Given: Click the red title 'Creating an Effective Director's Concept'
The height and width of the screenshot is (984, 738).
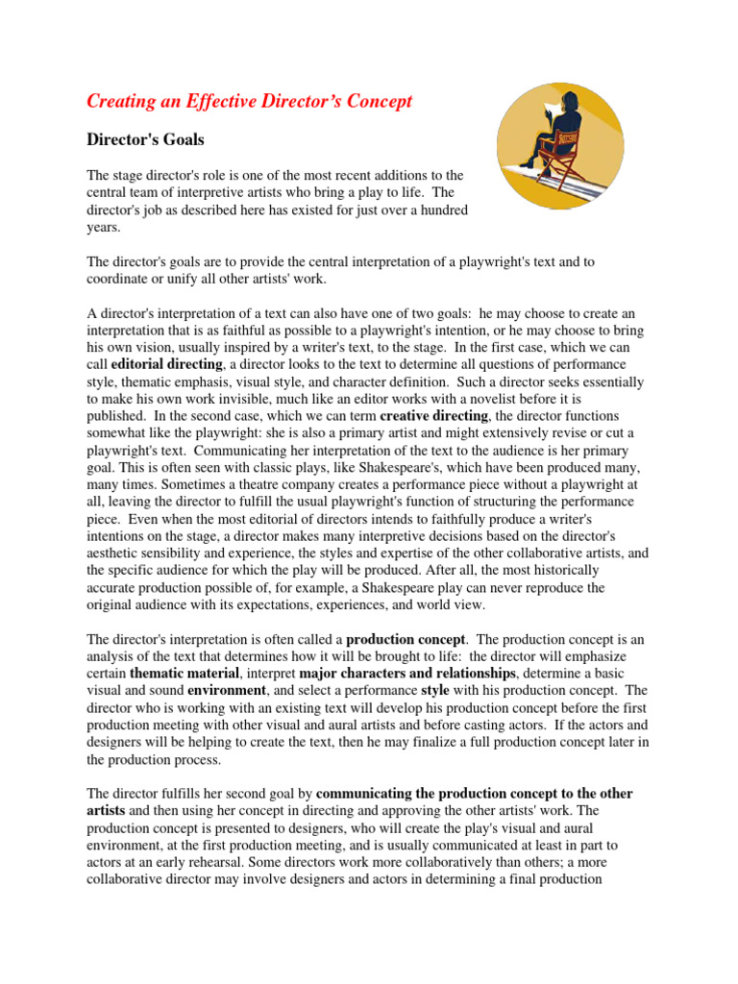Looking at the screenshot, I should (249, 101).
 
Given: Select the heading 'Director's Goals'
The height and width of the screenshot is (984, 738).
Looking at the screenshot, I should (145, 139).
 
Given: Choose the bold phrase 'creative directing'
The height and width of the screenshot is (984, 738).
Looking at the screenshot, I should (435, 415).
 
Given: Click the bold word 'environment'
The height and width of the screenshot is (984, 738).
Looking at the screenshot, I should (228, 690).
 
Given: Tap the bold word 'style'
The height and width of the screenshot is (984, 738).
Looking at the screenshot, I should (436, 690).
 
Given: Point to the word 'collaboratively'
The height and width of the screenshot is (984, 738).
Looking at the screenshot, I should (459, 862).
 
